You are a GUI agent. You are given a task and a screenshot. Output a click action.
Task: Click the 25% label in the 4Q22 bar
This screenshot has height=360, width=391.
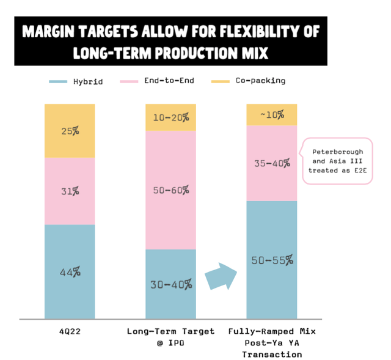tap(70, 130)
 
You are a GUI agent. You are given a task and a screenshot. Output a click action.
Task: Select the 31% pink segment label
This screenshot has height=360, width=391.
tap(70, 191)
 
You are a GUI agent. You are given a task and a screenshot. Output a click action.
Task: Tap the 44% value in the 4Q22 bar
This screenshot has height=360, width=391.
tap(70, 272)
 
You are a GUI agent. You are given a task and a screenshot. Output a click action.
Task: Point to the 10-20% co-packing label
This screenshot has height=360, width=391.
tap(170, 117)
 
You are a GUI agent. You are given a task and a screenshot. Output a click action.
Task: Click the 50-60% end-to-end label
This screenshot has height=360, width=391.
tap(170, 190)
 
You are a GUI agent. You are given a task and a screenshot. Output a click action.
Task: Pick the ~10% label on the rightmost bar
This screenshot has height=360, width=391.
tap(271, 115)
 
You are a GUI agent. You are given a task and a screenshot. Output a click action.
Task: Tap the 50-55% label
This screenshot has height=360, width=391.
tap(271, 260)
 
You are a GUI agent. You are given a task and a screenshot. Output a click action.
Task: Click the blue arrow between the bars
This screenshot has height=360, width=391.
tap(221, 276)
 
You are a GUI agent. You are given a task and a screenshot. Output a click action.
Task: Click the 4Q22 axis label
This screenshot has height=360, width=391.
tap(69, 332)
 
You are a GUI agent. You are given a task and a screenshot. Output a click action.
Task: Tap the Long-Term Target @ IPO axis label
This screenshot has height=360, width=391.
tap(170, 337)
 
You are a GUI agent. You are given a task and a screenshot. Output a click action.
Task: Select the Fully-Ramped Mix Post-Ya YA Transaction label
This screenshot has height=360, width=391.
tap(271, 342)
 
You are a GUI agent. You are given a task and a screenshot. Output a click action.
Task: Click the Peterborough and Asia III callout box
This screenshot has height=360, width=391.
tap(338, 160)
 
